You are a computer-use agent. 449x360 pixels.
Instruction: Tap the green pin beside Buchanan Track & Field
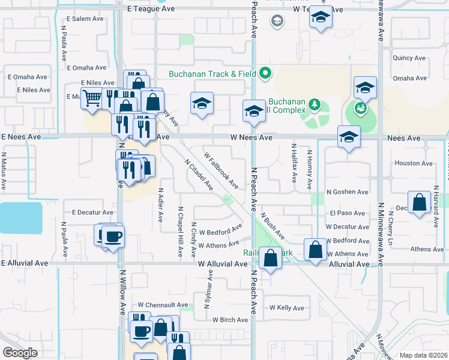point(265,74)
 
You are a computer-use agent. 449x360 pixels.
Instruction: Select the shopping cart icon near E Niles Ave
point(92,98)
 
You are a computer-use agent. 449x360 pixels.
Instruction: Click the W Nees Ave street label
point(252,137)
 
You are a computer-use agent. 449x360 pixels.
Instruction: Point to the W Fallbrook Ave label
point(221,170)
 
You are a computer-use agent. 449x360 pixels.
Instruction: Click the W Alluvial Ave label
point(223,264)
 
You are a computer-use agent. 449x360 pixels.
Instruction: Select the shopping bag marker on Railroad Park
point(271,259)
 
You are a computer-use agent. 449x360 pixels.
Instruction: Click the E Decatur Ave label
point(92,212)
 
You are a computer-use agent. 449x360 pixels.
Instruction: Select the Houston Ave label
point(414,163)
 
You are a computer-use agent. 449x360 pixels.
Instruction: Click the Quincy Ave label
point(409,58)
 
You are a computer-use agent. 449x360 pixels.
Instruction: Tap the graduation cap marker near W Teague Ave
point(321,19)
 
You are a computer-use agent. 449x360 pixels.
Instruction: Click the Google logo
point(20,353)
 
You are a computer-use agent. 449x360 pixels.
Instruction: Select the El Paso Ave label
point(347,213)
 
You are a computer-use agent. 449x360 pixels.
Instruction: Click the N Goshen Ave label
point(347,192)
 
